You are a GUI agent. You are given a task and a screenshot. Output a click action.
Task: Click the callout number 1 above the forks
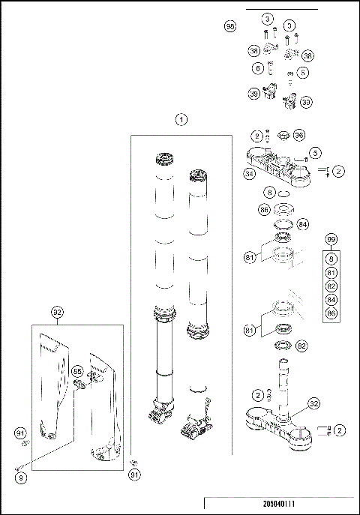(181, 119)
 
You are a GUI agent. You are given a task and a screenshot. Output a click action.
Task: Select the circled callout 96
(230, 26)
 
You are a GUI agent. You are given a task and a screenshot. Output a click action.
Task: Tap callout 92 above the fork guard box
(58, 311)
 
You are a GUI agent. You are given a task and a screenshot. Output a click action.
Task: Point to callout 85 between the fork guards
(76, 371)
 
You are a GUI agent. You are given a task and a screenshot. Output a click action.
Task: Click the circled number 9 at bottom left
(21, 477)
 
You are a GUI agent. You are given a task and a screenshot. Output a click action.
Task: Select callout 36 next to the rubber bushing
(298, 136)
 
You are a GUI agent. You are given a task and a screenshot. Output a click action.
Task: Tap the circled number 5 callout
(315, 153)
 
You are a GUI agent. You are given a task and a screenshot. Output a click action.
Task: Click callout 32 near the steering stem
(313, 403)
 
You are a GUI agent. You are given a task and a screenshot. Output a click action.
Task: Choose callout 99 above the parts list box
(331, 240)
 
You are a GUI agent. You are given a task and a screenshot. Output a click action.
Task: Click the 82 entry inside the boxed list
(331, 286)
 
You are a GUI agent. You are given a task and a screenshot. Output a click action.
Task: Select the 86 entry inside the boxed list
(331, 313)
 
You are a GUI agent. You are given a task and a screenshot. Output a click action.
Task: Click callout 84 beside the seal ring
(302, 224)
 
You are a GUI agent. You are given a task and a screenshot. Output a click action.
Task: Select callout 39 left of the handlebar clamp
(254, 93)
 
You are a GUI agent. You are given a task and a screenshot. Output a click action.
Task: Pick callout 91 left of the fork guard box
(21, 433)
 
